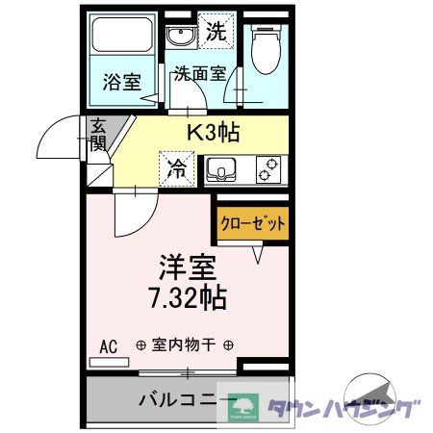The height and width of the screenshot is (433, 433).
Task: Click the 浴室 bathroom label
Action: pos(121,82)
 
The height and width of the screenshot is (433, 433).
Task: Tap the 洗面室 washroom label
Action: pos(199,73)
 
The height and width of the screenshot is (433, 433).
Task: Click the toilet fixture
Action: pos(263,45)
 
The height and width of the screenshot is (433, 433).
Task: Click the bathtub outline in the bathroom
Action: pos(121,39)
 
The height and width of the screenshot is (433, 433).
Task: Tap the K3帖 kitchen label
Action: pos(213,130)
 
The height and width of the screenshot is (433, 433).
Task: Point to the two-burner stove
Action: pos(270,170)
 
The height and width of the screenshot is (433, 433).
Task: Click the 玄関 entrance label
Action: pos(98,135)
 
